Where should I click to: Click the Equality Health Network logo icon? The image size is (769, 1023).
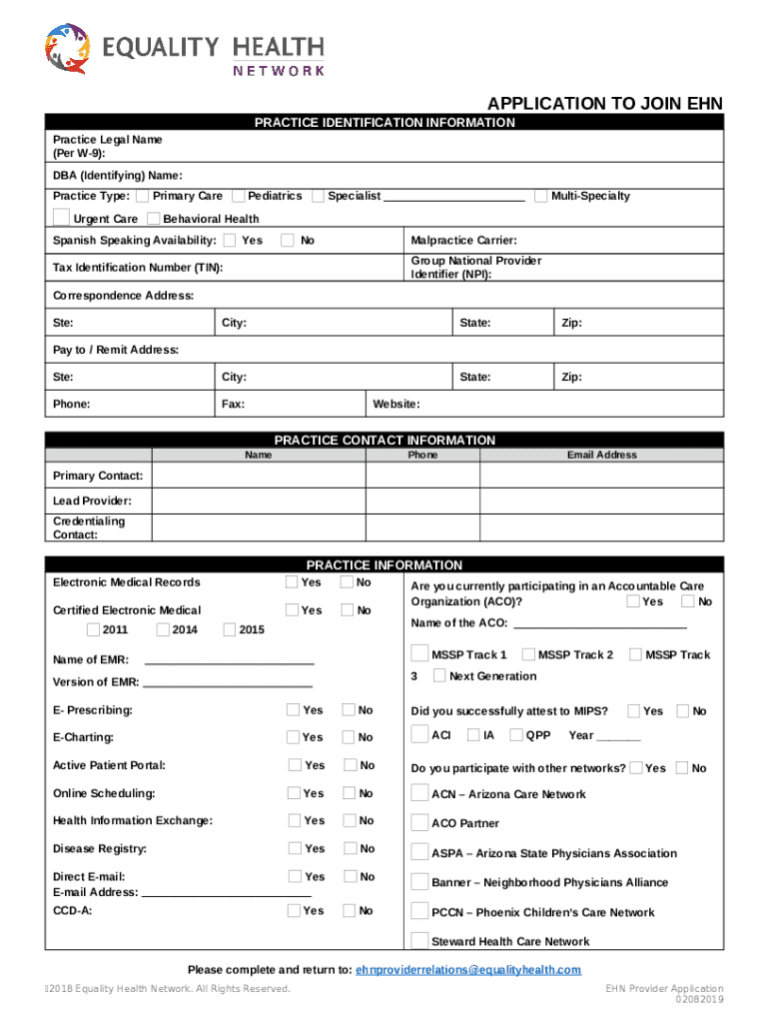(66, 50)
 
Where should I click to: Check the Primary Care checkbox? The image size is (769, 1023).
(143, 196)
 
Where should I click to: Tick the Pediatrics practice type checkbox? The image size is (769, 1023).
(239, 196)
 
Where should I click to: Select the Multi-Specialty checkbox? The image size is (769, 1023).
(541, 196)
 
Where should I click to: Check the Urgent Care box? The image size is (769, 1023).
(62, 218)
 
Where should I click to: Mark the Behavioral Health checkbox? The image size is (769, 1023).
(153, 219)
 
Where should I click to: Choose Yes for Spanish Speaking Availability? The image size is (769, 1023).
(231, 240)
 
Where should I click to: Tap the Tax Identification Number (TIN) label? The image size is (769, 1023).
(138, 268)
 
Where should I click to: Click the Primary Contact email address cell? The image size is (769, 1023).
(601, 476)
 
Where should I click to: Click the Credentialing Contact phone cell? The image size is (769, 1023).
(422, 527)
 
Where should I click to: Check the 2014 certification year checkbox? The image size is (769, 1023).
(163, 629)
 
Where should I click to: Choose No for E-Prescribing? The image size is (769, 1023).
(349, 710)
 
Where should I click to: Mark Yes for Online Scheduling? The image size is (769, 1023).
(294, 793)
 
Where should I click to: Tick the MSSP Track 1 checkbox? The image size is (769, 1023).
(419, 654)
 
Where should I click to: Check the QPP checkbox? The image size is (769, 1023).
(516, 735)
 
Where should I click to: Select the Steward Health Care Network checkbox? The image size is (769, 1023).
(419, 940)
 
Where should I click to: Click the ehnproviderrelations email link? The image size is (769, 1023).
(467, 970)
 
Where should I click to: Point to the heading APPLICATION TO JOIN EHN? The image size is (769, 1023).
(604, 104)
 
